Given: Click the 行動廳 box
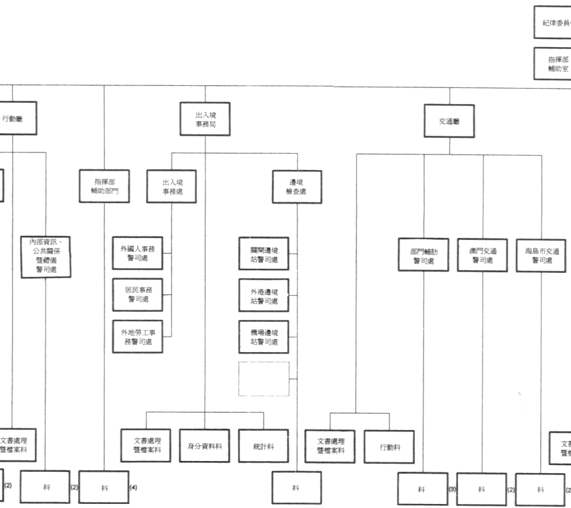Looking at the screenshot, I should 15,118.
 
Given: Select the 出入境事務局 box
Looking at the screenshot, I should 206,119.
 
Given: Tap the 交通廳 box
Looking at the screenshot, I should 449,122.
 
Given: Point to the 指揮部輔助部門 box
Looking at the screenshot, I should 104,186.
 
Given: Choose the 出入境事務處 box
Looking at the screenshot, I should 172,186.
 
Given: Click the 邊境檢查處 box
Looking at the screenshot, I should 297,187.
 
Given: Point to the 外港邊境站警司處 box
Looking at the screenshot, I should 264,296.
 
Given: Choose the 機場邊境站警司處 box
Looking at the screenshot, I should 264,337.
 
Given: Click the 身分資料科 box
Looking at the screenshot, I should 205,446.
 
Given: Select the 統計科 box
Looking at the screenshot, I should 263,446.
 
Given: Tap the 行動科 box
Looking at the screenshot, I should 389,447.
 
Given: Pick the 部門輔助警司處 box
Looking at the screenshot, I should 424,255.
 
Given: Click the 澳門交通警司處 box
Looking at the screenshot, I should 482,255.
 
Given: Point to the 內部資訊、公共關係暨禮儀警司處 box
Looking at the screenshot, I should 46,255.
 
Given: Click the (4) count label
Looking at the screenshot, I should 133,487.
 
